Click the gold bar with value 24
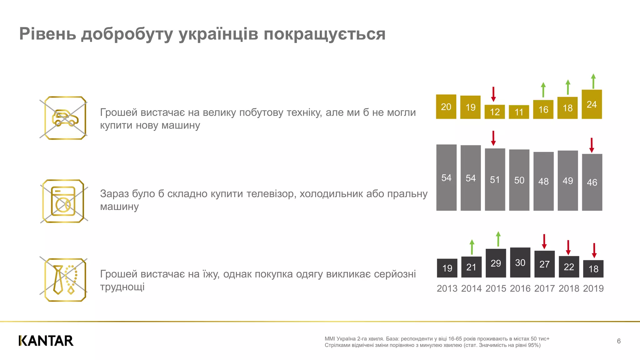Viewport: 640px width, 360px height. pos(592,104)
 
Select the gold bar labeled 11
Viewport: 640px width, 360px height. pos(519,112)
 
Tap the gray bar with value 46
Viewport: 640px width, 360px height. pos(592,182)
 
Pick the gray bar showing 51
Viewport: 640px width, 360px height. pos(495,179)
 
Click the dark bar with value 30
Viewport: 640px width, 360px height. pos(520,262)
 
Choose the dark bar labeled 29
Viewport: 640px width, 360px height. pos(496,263)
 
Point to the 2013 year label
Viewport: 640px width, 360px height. pos(447,288)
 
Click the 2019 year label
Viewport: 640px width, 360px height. pos(593,288)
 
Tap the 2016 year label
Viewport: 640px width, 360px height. pos(520,288)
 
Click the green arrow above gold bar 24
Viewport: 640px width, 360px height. pos(593,81)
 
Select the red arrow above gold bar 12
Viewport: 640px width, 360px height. pos(493,94)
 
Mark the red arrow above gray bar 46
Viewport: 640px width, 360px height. pos(592,145)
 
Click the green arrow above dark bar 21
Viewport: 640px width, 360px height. pos(472,247)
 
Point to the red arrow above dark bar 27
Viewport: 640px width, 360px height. pos(544,242)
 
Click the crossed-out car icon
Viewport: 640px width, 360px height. pos(65,118)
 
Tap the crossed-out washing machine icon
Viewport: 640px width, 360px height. pos(63,201)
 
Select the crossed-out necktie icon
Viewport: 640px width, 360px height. pos(65,280)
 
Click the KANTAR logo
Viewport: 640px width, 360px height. pos(46,341)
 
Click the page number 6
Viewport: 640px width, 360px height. pos(619,341)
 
